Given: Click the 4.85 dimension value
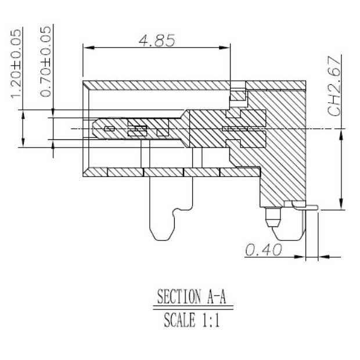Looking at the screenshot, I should coord(156,41).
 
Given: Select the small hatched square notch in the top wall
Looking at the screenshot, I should coord(238,95).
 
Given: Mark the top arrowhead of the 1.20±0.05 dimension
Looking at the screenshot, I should coord(23,114).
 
